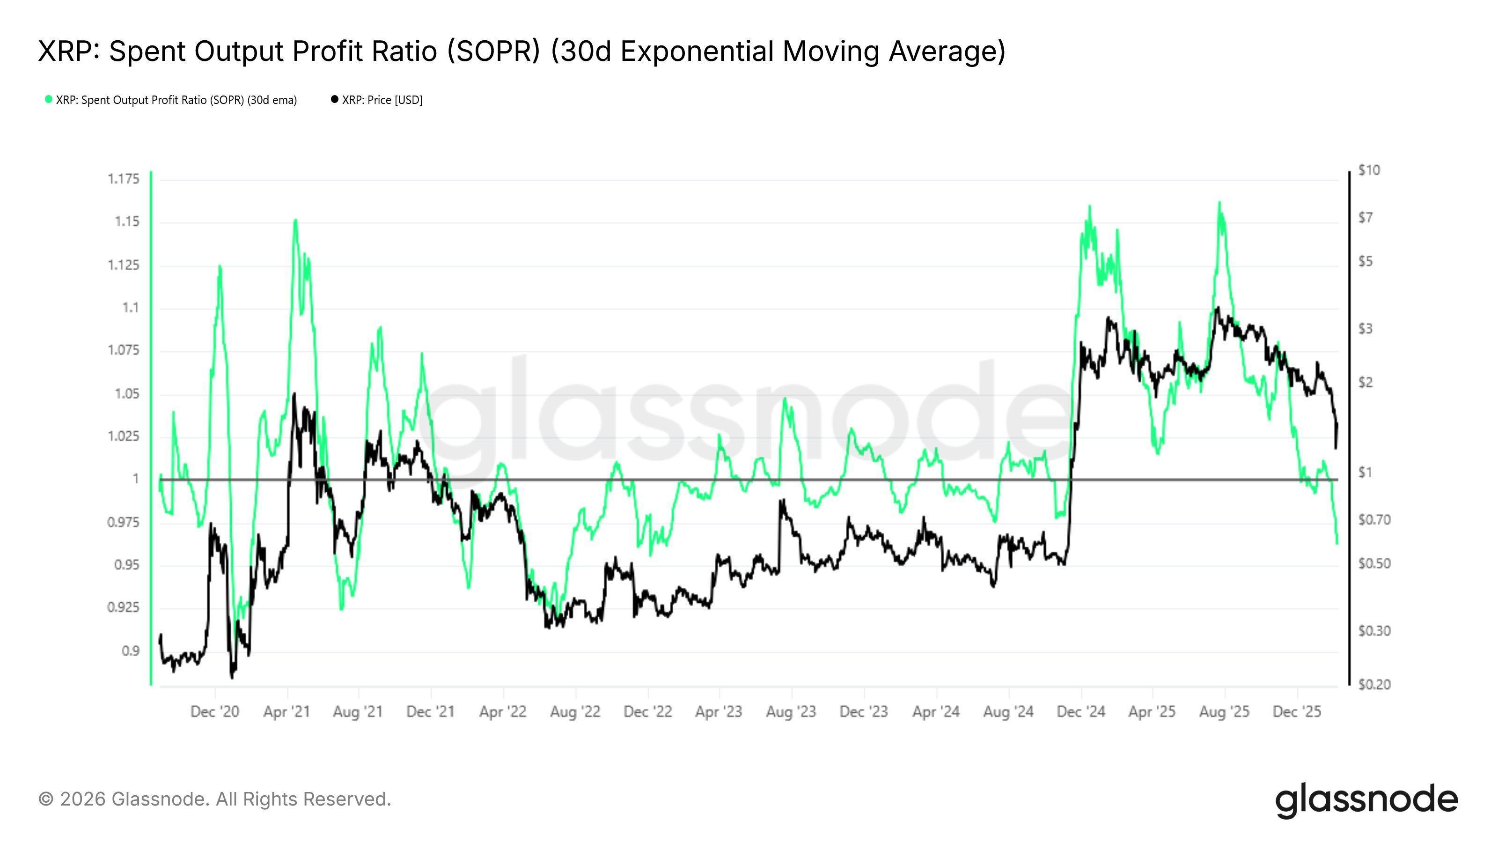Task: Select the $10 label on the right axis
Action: pos(1369,170)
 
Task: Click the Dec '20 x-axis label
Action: pos(214,711)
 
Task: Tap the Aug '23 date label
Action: pos(791,711)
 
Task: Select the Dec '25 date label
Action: pos(1297,711)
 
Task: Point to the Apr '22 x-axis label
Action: pos(502,711)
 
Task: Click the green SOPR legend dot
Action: pos(49,99)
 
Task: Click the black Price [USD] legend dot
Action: pos(334,99)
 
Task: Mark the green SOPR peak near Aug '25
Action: pos(1219,202)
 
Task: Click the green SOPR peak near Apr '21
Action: pos(295,220)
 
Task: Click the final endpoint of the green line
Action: pos(1337,544)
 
